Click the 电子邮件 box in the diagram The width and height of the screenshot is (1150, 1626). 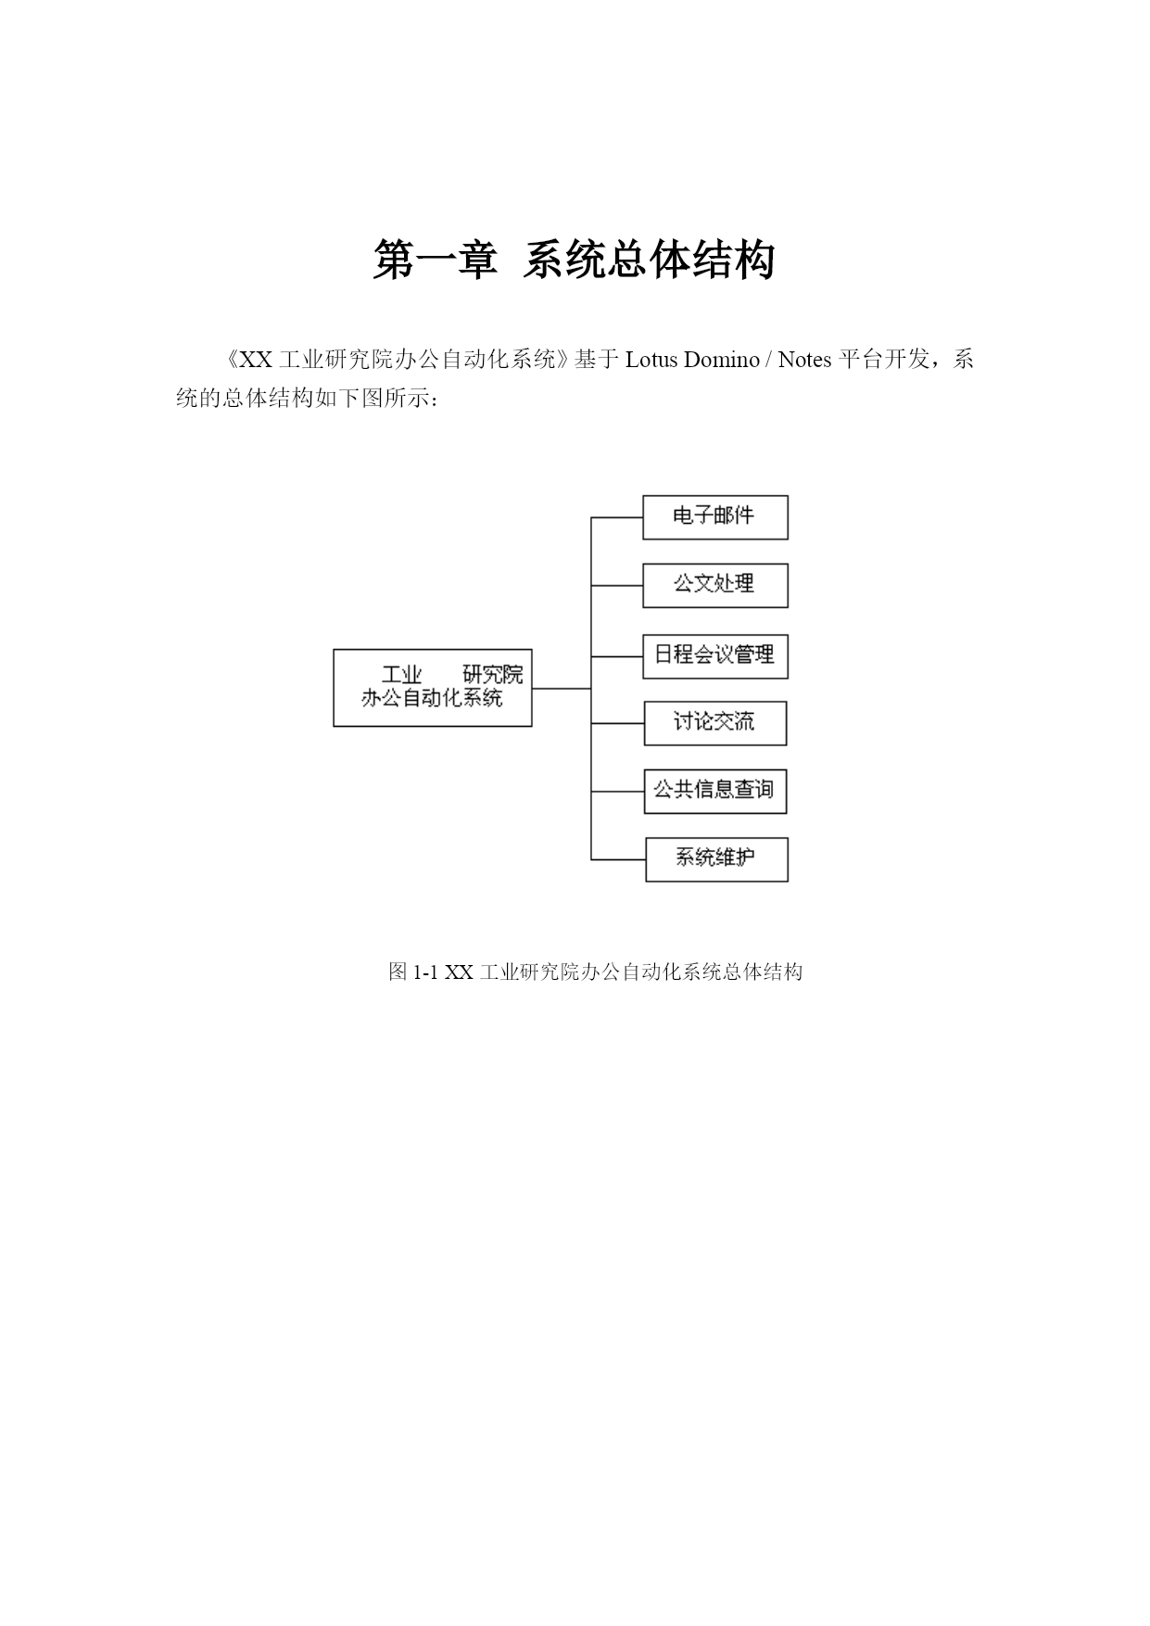[x=715, y=517]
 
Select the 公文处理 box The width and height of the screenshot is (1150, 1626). [x=715, y=586]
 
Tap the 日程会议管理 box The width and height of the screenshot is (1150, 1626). [x=715, y=656]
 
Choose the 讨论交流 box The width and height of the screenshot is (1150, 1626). [x=715, y=723]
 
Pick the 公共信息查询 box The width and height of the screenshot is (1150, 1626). [x=715, y=792]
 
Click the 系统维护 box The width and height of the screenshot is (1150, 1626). [x=716, y=859]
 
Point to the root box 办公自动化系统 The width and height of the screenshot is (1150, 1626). [x=433, y=688]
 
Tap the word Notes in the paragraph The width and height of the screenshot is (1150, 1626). [x=804, y=360]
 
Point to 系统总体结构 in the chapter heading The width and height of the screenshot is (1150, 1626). [x=649, y=260]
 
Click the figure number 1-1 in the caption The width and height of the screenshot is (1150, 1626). [x=425, y=972]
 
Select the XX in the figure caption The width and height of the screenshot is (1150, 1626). [x=459, y=972]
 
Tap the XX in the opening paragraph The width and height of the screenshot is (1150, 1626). [x=256, y=360]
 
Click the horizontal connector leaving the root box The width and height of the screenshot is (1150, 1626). [x=562, y=689]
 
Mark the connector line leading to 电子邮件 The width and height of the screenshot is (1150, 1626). [x=617, y=517]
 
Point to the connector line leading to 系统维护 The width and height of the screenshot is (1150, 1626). [x=618, y=859]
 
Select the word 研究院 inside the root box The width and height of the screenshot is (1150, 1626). [x=493, y=675]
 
